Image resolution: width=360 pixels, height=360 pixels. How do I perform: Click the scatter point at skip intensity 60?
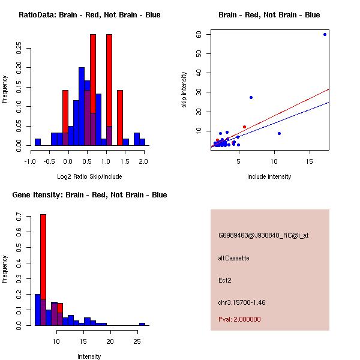tap(325, 34)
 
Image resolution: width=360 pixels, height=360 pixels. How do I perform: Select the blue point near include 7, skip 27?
tap(251, 97)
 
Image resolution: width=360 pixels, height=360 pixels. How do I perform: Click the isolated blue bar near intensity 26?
tap(142, 324)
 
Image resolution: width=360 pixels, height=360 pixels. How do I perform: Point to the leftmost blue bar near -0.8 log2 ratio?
tap(38, 142)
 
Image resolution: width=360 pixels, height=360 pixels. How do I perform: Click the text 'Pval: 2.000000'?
tap(239, 319)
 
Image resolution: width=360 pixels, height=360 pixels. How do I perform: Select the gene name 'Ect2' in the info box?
tap(225, 280)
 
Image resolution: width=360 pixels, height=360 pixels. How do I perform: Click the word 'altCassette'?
tap(233, 258)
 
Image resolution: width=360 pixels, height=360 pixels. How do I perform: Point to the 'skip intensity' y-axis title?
tap(184, 90)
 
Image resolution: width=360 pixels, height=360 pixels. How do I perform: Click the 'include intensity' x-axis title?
tap(269, 176)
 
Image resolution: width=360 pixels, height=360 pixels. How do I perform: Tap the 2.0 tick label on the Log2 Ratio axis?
tap(143, 161)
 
